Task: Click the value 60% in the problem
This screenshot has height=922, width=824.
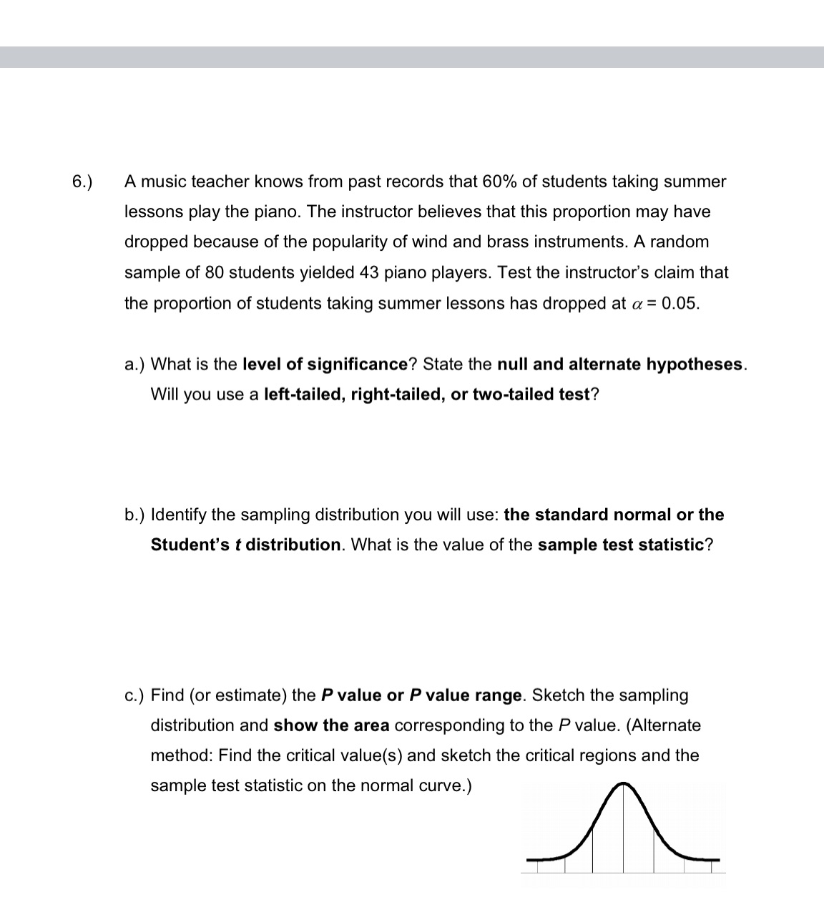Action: click(x=499, y=182)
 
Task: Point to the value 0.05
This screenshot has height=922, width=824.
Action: click(x=680, y=303)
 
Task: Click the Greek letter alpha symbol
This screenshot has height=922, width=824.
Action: click(x=637, y=304)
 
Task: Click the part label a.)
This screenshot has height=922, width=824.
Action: click(x=134, y=365)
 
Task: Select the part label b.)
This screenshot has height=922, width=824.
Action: click(x=134, y=515)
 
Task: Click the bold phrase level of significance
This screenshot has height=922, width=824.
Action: click(x=325, y=365)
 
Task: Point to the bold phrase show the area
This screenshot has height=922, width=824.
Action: click(x=331, y=725)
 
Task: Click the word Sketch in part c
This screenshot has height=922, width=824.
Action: click(x=558, y=695)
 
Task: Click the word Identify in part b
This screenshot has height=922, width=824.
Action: click(x=179, y=515)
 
